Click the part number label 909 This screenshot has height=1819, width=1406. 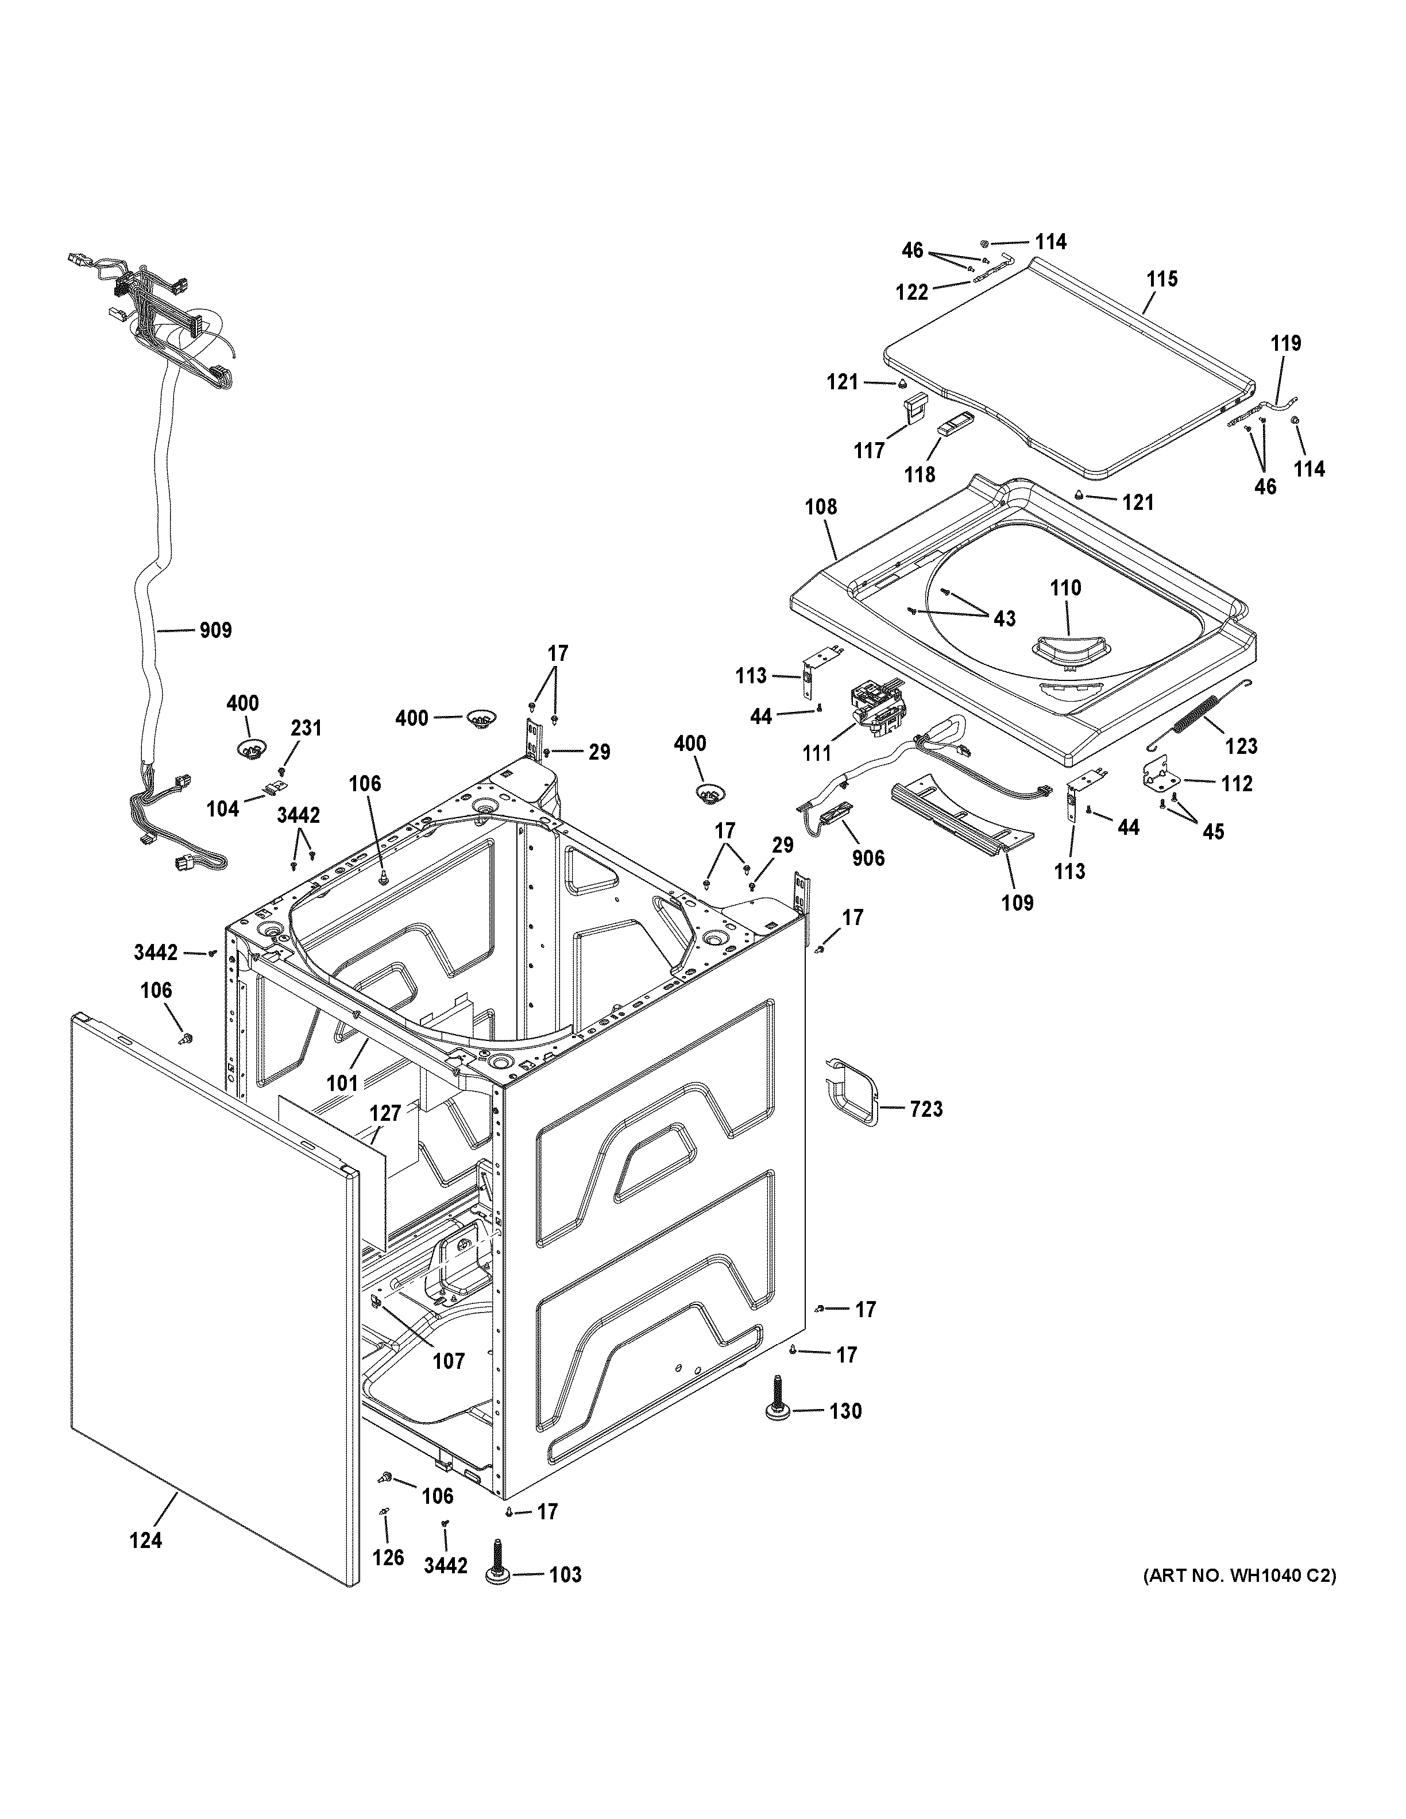tap(215, 630)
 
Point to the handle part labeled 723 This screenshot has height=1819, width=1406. tap(851, 1091)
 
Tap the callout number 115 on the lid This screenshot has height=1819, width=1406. tap(1162, 279)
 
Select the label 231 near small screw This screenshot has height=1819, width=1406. tap(306, 728)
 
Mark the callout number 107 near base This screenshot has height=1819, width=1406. tap(448, 1361)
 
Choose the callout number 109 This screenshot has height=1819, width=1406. tap(1017, 902)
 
